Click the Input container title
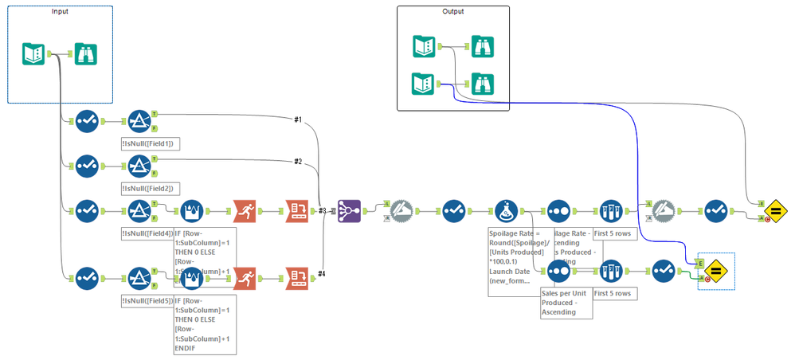(60, 11)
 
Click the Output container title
(453, 11)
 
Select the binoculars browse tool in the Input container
(85, 54)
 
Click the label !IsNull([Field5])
(147, 301)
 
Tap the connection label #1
(297, 119)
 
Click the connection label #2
(297, 162)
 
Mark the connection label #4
(321, 275)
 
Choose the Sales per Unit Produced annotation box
(566, 303)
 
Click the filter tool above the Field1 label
(139, 122)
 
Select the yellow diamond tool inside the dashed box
(715, 271)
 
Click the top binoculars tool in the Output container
(482, 47)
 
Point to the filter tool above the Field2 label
(139, 166)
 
